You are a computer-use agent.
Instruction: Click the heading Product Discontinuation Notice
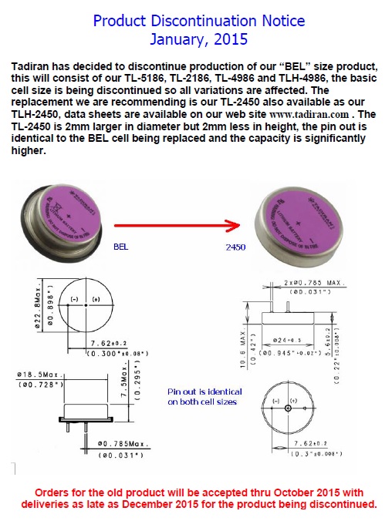click(x=198, y=20)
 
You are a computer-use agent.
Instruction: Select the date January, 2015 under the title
click(x=198, y=38)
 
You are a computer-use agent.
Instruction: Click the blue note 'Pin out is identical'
click(x=204, y=392)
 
